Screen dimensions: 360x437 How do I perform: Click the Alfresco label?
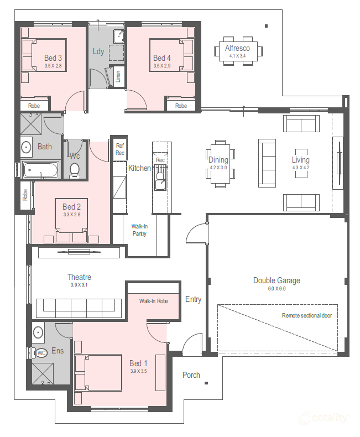237,48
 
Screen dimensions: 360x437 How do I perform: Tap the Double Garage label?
276,280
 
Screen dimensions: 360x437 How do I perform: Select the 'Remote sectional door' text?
307,315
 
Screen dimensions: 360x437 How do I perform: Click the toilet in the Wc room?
75,170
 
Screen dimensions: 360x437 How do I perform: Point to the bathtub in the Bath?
41,170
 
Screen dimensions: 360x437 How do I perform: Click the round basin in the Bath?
27,147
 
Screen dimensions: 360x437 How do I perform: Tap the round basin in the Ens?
38,332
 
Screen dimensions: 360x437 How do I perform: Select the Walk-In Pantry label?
139,230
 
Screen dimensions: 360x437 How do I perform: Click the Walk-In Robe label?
154,301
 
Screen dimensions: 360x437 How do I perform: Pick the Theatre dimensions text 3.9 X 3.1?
79,285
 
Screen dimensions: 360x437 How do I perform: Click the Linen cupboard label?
118,76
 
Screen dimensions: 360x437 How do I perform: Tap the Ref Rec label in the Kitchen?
120,149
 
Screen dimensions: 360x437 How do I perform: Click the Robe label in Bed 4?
181,106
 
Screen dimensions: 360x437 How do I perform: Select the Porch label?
191,375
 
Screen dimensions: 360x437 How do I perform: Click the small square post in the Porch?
206,383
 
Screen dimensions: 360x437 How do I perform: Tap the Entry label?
194,299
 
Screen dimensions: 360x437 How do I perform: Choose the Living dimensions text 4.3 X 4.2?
301,168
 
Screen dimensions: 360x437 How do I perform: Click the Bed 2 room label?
71,207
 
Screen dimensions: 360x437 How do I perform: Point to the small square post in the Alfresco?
266,26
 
